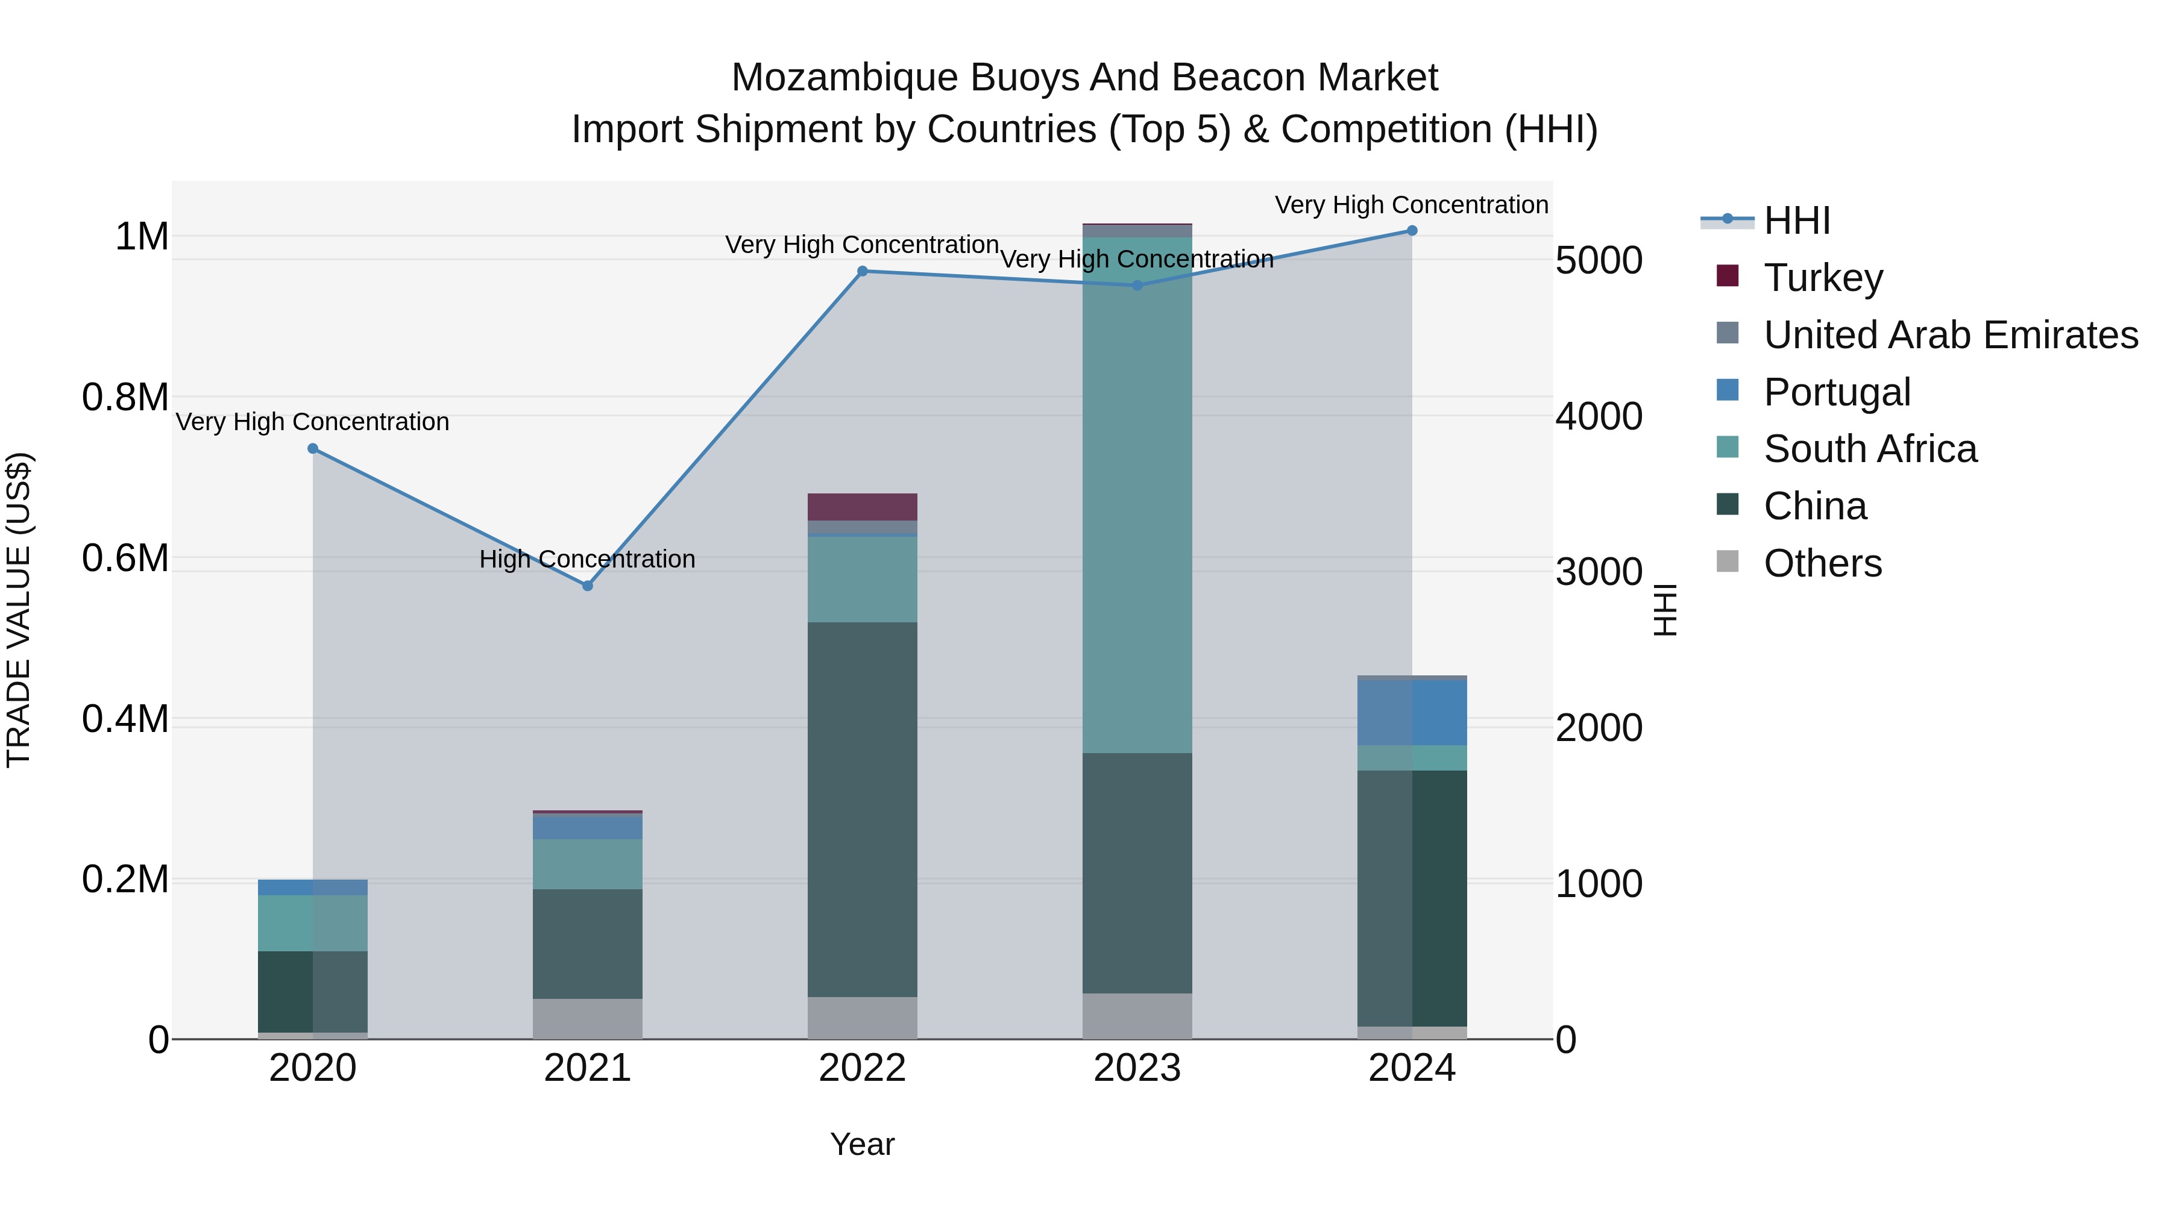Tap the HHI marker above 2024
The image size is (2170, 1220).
tap(1412, 231)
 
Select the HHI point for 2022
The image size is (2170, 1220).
tap(863, 271)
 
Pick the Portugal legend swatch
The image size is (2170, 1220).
tap(1728, 390)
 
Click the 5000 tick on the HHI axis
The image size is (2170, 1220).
tap(1599, 260)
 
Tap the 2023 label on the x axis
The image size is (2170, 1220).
tap(1137, 1068)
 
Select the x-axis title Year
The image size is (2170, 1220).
tap(862, 1144)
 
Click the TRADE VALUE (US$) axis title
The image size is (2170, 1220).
tap(19, 610)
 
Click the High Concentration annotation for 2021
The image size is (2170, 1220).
tap(587, 559)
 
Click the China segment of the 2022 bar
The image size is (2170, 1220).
tap(863, 809)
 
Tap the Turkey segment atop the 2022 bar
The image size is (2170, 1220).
tap(863, 507)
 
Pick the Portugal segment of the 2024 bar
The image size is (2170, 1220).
tap(1412, 712)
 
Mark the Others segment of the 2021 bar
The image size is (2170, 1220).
tap(588, 1019)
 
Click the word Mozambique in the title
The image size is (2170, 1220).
tap(845, 78)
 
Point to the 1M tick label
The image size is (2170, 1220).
tap(142, 237)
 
